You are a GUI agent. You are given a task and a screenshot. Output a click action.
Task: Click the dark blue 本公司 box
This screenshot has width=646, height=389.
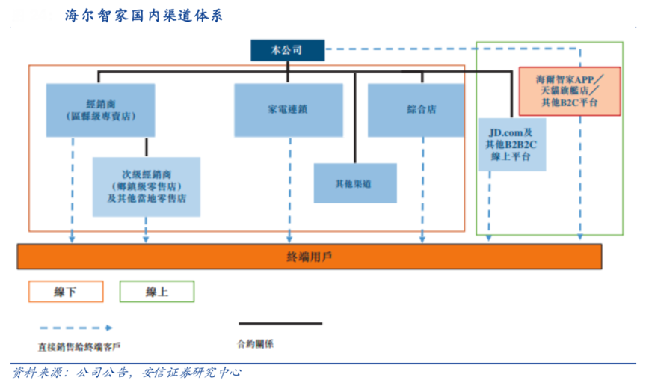pyautogui.click(x=288, y=50)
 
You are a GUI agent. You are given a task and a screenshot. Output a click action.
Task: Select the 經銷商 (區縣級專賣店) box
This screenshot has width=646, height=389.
pyautogui.click(x=100, y=110)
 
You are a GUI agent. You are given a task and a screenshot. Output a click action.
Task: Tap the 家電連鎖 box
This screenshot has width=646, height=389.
pyautogui.click(x=288, y=110)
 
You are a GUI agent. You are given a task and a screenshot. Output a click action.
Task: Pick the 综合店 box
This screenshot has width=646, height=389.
pyautogui.click(x=422, y=110)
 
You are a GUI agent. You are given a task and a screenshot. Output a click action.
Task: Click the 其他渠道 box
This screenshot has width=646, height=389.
pyautogui.click(x=354, y=183)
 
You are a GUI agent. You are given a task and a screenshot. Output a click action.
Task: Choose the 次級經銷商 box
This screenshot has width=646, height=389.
pyautogui.click(x=147, y=186)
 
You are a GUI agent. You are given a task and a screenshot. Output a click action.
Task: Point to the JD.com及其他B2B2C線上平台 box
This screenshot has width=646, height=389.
pyautogui.click(x=512, y=145)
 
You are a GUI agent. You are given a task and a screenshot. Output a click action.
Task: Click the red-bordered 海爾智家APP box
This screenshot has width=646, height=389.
pyautogui.click(x=570, y=91)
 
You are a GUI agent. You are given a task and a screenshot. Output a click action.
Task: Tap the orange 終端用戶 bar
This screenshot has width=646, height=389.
pyautogui.click(x=310, y=257)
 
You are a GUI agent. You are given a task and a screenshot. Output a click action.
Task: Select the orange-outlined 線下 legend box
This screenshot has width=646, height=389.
pyautogui.click(x=66, y=292)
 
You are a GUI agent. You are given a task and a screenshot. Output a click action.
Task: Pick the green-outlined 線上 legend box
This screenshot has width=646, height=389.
pyautogui.click(x=156, y=292)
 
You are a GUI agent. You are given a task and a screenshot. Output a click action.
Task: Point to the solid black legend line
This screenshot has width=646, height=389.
pyautogui.click(x=280, y=324)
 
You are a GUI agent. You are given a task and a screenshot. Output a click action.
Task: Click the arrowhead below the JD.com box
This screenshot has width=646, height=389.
pyautogui.click(x=489, y=238)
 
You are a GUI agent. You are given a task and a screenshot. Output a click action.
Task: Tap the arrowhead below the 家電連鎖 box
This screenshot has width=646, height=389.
pyautogui.click(x=289, y=239)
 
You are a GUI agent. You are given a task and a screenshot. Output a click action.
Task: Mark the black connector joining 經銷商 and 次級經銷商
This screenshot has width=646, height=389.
pyautogui.click(x=147, y=147)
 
